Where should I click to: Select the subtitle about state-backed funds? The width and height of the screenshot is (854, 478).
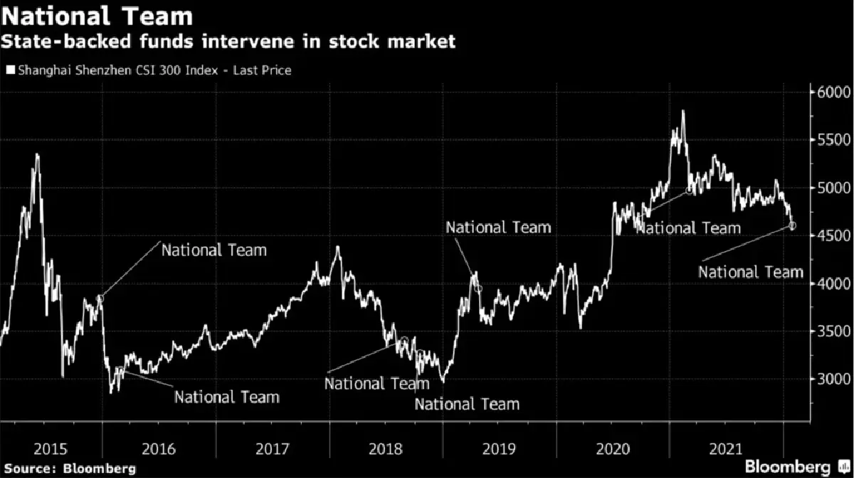pos(228,42)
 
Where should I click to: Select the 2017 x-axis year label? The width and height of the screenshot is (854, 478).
pos(272,449)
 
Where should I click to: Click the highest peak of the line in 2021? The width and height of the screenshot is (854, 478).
pos(683,111)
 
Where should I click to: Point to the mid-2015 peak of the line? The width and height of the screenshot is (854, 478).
pos(37,154)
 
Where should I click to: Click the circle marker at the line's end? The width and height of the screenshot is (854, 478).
pos(794,225)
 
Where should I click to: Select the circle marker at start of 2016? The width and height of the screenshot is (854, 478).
pos(100,299)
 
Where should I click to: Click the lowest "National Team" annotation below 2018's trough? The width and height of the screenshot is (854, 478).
pos(467,404)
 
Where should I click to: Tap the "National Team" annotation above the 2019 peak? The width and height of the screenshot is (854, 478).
pos(498,227)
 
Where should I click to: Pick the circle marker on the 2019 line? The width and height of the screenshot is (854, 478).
pos(478,288)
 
